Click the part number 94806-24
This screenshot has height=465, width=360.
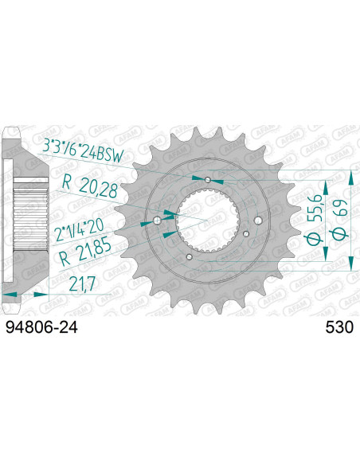pos(41,327)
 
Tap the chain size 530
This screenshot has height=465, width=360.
pos(339,327)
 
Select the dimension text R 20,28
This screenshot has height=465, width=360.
pos(90,187)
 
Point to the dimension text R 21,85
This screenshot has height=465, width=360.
pos(85,252)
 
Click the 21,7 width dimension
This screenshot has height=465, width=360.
pos(82,283)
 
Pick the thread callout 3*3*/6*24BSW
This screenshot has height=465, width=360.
pos(83,152)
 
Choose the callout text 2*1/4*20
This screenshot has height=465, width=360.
pos(80,230)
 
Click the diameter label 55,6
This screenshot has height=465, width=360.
pos(313,220)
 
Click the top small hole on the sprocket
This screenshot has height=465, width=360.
pos(208,179)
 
